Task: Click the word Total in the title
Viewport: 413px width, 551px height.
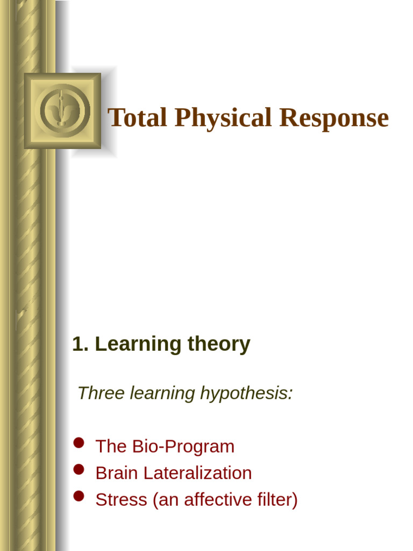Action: [138, 118]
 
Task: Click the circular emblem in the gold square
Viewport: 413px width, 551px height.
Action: [62, 111]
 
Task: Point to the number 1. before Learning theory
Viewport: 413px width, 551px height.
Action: [80, 344]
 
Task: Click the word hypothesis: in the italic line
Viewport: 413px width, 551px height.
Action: [246, 393]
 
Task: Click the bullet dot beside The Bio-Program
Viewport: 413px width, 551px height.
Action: [79, 443]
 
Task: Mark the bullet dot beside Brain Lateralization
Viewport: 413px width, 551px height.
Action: [79, 469]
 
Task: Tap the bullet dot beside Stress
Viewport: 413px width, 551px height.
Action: [79, 496]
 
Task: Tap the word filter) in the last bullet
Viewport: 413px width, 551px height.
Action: [277, 499]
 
